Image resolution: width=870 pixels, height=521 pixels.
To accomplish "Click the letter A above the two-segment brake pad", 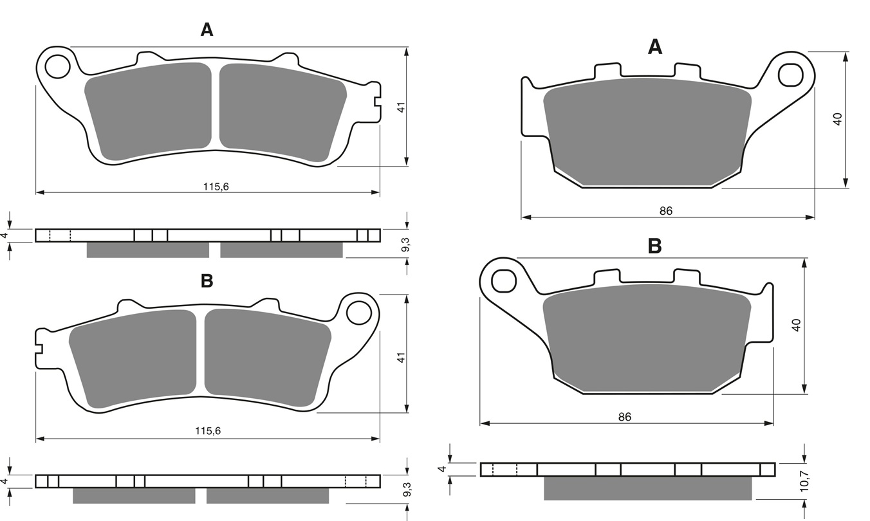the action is click(x=207, y=30).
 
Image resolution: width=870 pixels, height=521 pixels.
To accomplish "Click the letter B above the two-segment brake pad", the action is click(x=207, y=280).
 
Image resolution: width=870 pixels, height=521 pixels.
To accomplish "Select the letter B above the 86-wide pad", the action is click(x=655, y=246).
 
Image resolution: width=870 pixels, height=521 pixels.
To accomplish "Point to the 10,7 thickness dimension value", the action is click(x=804, y=481).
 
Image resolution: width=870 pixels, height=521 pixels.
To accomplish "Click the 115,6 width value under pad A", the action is click(x=216, y=187).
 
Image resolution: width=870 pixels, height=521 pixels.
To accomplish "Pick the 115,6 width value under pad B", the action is click(x=208, y=430).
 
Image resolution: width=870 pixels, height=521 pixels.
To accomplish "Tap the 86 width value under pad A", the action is click(x=666, y=211).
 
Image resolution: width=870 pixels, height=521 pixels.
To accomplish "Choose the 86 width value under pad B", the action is click(x=625, y=417).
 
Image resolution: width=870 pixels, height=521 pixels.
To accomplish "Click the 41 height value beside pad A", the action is click(x=401, y=107).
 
